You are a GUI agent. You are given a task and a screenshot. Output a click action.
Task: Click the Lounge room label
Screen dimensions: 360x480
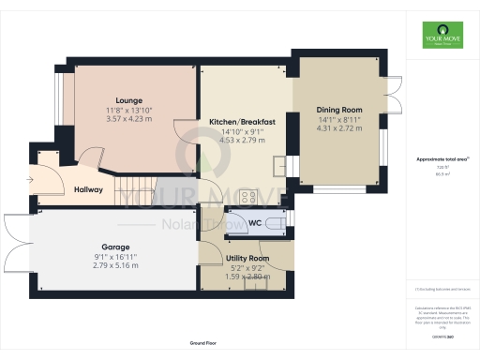tap(129, 99)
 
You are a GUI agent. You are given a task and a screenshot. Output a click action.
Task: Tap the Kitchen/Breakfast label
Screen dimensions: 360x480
tap(242, 122)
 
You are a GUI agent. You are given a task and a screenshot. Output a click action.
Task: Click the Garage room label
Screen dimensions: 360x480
tap(115, 247)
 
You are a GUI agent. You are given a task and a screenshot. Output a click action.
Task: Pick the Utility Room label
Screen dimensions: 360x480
tap(247, 258)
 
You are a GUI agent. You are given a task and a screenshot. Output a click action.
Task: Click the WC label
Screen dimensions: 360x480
tap(254, 223)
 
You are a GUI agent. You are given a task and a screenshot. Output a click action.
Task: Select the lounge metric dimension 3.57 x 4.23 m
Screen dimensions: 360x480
tap(129, 118)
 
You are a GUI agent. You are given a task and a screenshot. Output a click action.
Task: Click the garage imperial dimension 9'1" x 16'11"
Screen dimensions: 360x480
tap(115, 257)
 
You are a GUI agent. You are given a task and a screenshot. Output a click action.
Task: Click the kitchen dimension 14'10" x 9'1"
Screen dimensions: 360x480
tap(242, 131)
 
